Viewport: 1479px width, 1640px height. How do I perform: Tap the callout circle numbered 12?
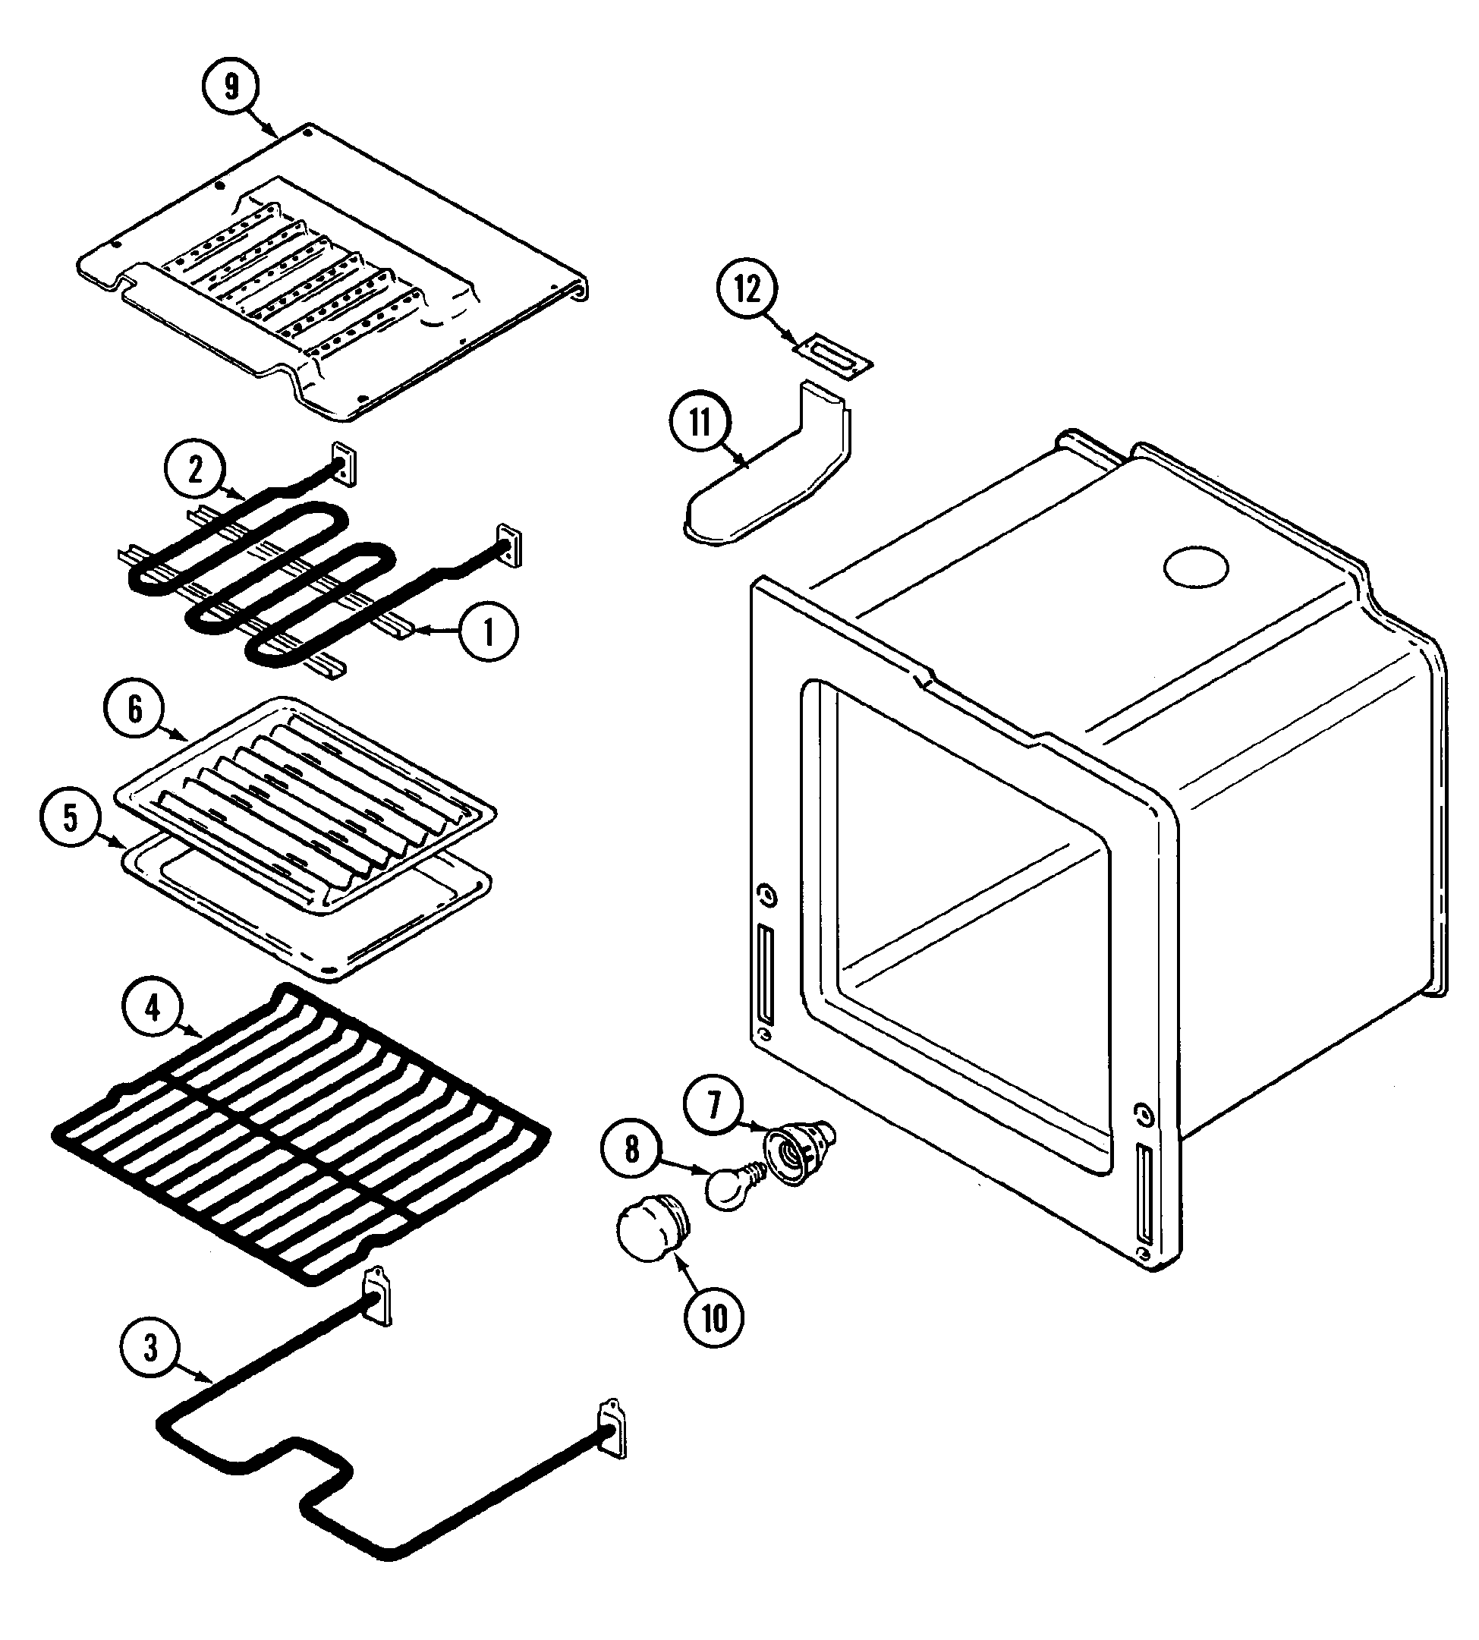[747, 288]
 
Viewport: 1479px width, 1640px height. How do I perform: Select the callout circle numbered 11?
[700, 423]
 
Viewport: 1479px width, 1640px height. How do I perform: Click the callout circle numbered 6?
[135, 710]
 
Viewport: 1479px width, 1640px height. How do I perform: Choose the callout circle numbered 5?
[71, 817]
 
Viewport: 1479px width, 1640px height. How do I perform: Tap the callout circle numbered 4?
[152, 1009]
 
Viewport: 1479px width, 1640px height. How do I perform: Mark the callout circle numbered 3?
[151, 1349]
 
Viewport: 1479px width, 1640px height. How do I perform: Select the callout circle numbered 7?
[714, 1106]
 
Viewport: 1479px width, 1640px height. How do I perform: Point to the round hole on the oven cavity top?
[1195, 566]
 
